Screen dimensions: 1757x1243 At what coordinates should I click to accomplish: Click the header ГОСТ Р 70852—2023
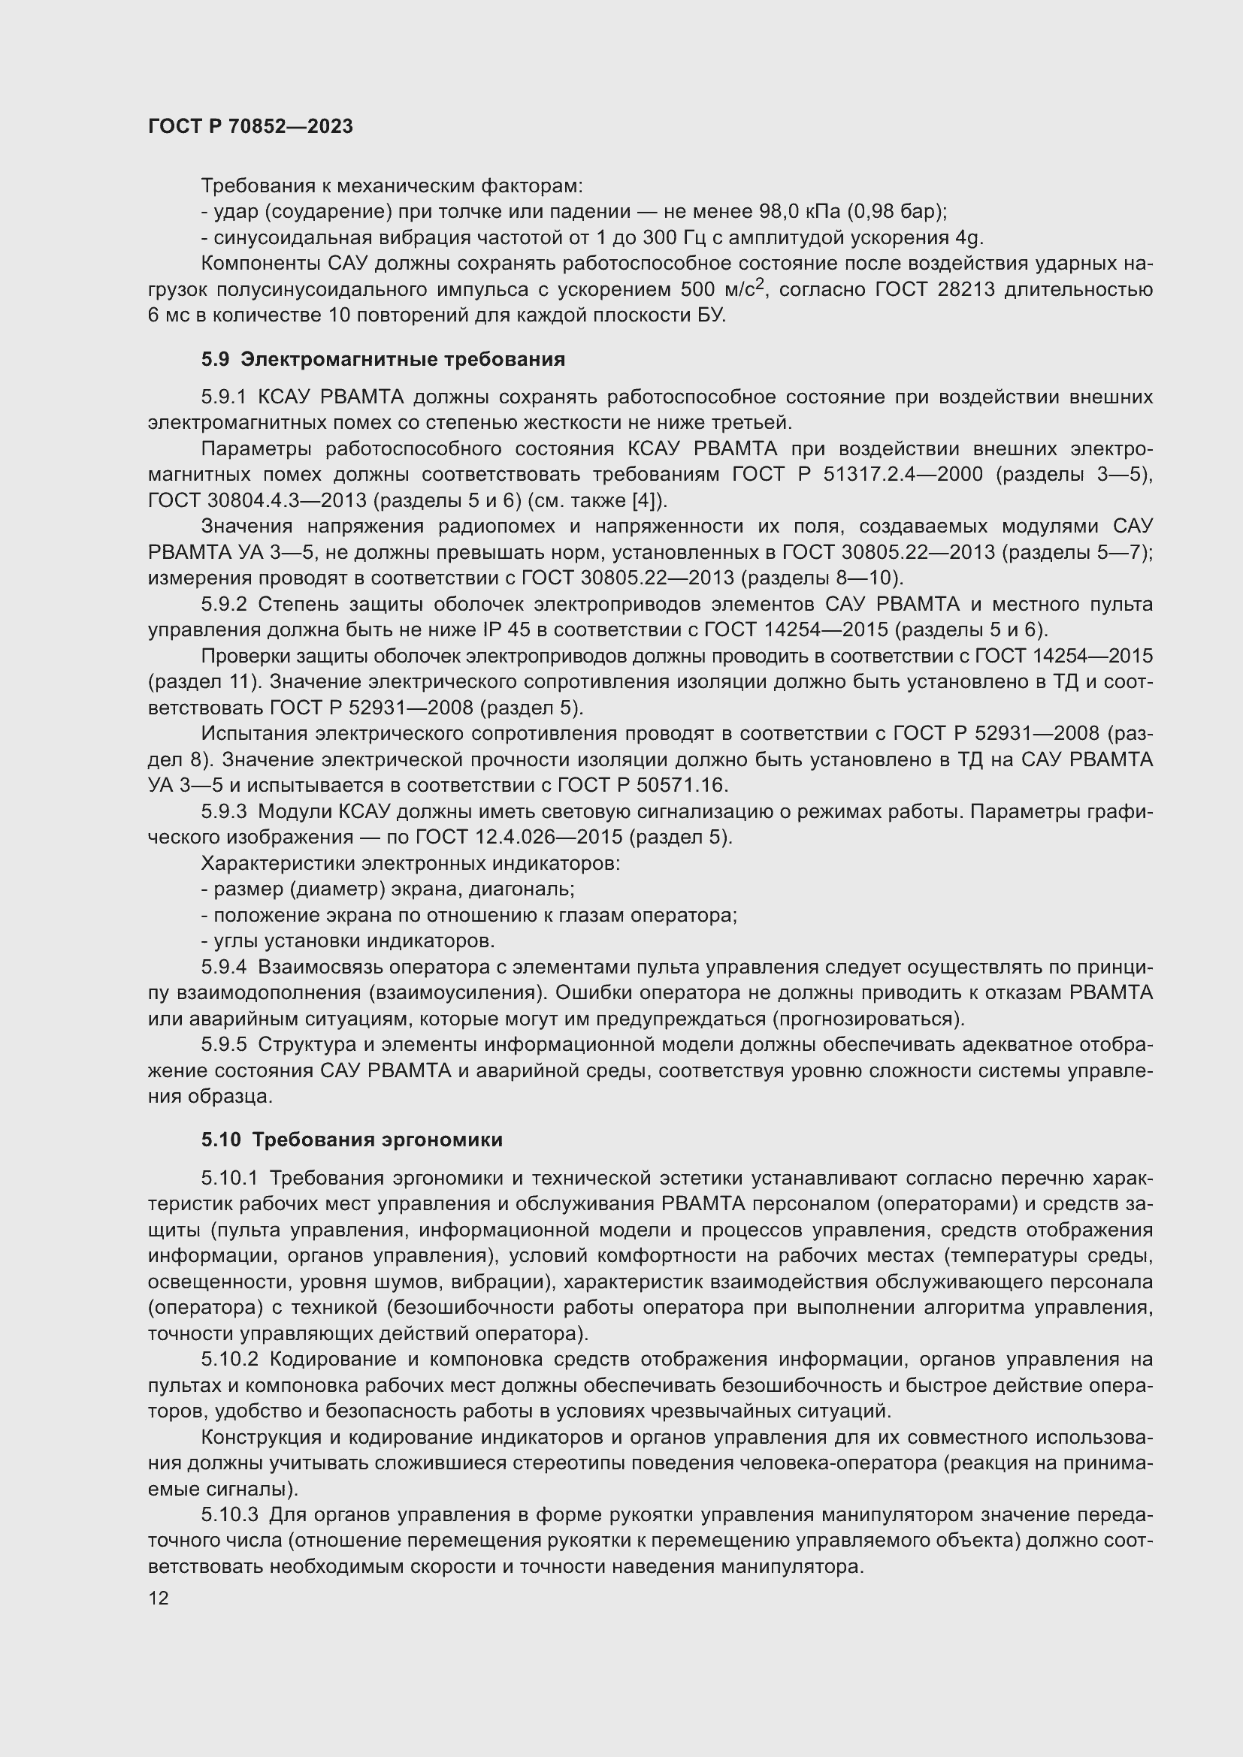click(x=250, y=126)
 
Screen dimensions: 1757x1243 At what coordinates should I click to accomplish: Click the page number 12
click(x=159, y=1599)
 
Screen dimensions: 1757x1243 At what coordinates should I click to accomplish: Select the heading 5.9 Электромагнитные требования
click(x=383, y=359)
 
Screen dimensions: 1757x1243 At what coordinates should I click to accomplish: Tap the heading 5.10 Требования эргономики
click(x=352, y=1140)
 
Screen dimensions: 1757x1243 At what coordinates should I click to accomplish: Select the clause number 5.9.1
click(x=224, y=397)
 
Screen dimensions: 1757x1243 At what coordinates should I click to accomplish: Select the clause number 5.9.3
click(x=224, y=811)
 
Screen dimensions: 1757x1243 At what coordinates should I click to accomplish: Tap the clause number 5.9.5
click(x=224, y=1045)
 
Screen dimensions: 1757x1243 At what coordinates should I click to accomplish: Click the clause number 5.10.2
click(x=231, y=1359)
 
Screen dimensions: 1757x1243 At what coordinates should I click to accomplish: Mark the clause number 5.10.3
click(x=231, y=1514)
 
